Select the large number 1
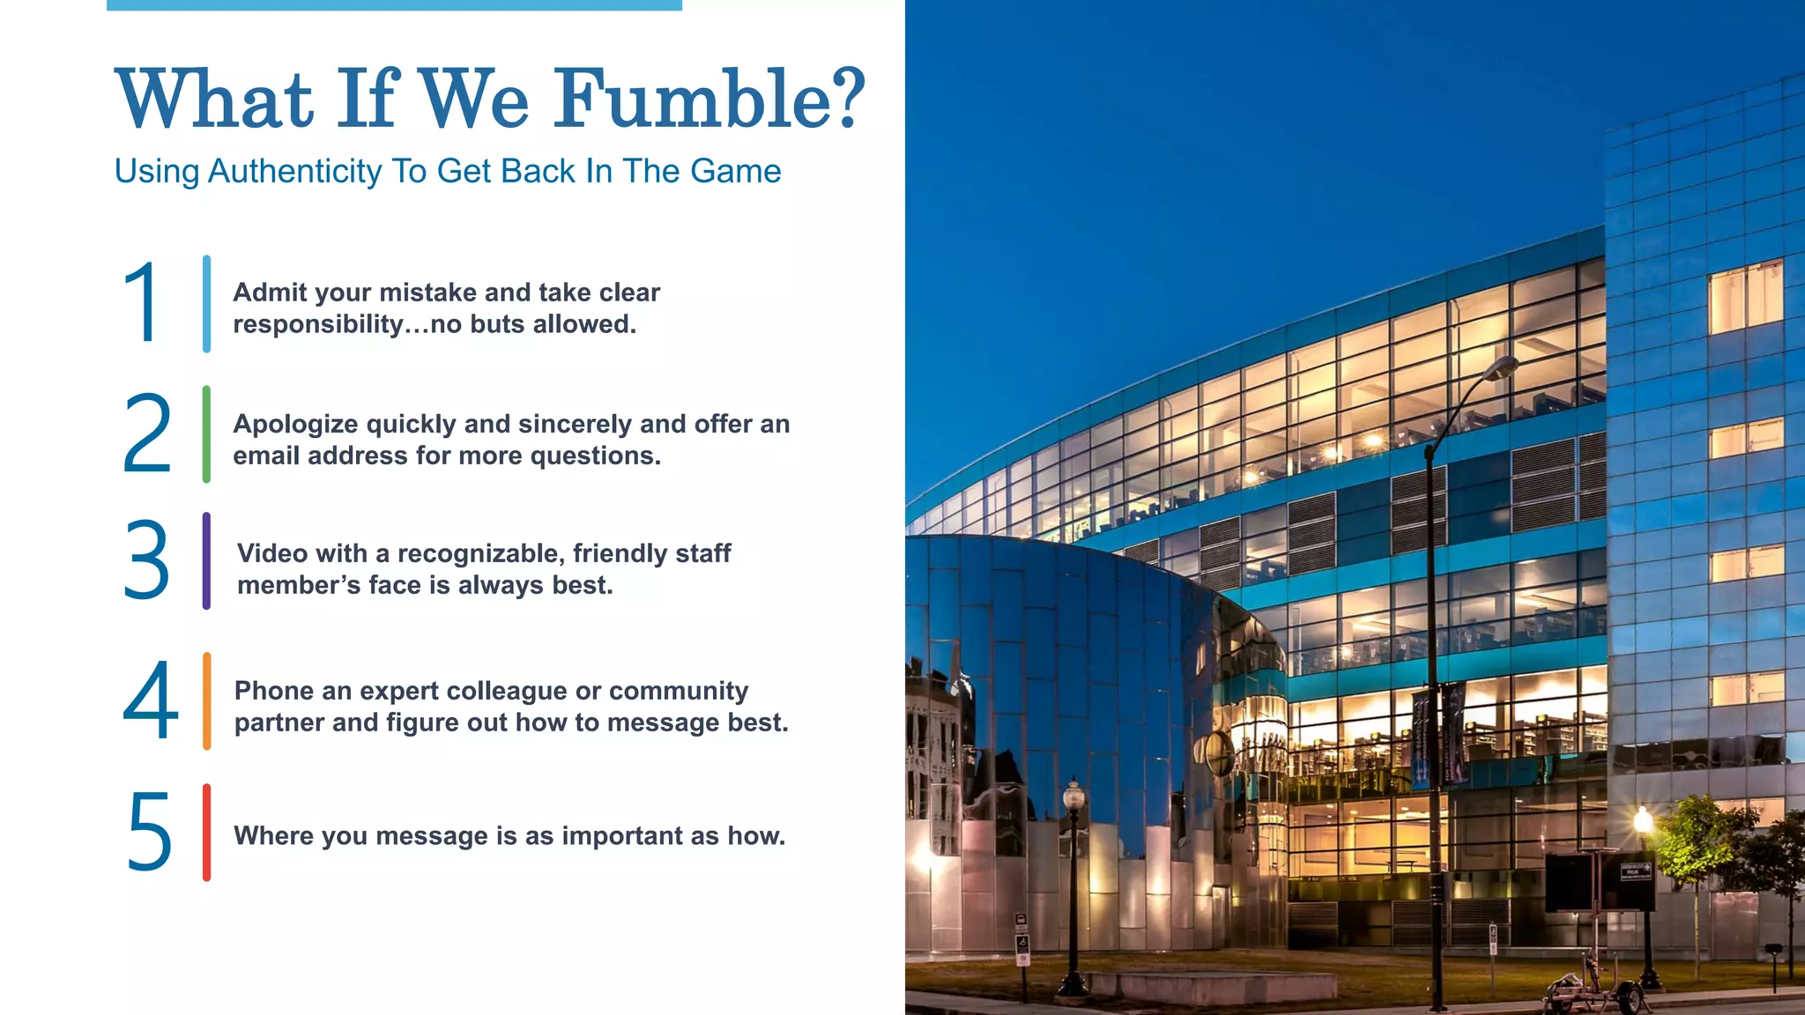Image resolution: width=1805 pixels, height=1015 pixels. tap(141, 303)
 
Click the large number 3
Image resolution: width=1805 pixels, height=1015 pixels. tap(146, 560)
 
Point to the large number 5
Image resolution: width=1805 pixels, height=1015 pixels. tap(149, 833)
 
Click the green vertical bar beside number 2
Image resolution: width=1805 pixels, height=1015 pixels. tap(206, 433)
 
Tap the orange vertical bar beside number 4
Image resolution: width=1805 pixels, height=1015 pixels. tap(207, 700)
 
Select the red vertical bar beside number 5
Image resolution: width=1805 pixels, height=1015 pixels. tap(207, 833)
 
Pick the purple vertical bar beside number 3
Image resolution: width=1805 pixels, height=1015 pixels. tap(206, 560)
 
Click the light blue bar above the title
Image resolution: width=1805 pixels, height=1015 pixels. tap(394, 5)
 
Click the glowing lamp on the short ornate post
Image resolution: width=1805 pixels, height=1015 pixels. tap(1073, 796)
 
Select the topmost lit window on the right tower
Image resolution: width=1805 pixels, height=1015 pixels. tap(1746, 296)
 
